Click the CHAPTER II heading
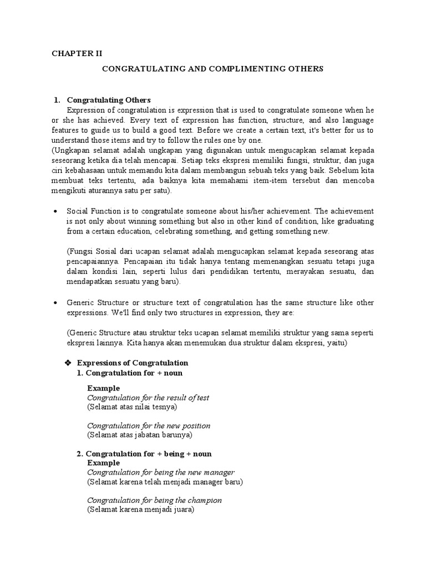click(77, 54)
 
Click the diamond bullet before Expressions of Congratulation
click(68, 363)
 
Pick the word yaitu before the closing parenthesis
click(334, 343)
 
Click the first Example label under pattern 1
click(103, 388)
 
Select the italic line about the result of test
click(148, 398)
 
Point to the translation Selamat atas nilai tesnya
click(132, 407)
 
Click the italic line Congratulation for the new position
click(149, 426)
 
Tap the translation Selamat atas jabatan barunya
click(139, 435)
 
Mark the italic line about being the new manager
click(157, 472)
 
